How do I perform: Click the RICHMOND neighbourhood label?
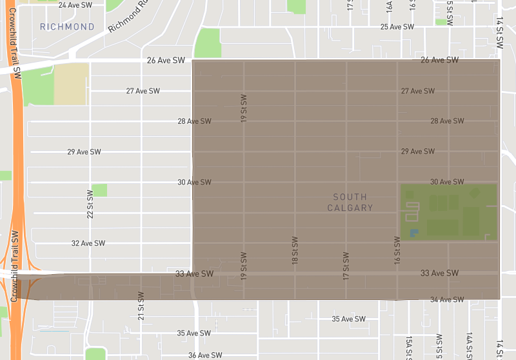[x=67, y=26]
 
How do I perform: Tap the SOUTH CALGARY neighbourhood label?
[x=350, y=202]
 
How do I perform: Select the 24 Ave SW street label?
[x=75, y=5]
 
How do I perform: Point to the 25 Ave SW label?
[x=397, y=26]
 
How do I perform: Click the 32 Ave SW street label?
[x=88, y=243]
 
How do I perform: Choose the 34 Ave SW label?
[x=447, y=299]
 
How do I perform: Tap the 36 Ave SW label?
[x=205, y=355]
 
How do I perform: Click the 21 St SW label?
[x=141, y=305]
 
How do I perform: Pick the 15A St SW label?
[x=409, y=347]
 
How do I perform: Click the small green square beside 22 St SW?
[x=99, y=190]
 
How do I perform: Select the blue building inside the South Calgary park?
[x=414, y=232]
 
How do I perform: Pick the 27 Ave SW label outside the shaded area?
[x=143, y=91]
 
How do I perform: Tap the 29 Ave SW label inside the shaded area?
[x=417, y=151]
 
